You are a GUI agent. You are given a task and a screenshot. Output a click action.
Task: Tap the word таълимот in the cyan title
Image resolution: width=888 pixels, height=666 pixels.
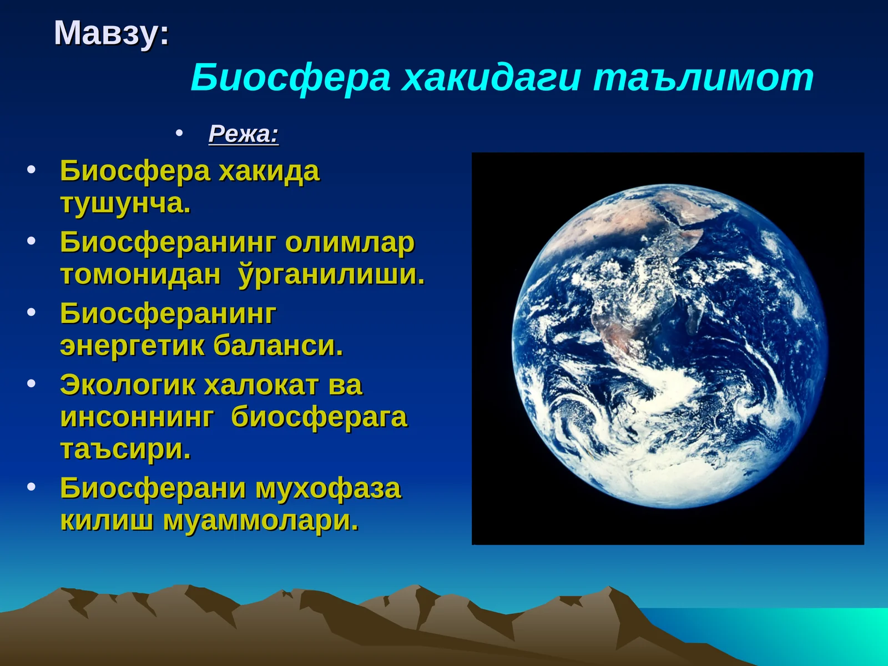click(703, 78)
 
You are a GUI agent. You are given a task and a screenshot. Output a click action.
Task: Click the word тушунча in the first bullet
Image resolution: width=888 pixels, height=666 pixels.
click(124, 203)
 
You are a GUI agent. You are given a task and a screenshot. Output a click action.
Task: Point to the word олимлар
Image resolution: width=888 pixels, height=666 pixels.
click(350, 243)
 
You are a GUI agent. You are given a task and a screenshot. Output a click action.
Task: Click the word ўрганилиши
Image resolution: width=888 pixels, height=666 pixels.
click(331, 275)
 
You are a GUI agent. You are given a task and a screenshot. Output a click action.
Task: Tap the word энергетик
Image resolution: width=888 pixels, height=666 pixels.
click(132, 346)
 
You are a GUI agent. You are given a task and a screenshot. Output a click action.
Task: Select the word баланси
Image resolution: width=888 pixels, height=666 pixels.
click(278, 346)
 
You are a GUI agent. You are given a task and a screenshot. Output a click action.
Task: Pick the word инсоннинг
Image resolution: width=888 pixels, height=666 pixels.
click(137, 417)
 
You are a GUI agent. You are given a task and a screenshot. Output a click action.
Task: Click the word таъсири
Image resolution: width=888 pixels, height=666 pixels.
click(124, 449)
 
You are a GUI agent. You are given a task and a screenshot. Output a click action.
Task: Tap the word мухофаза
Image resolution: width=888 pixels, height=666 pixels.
click(327, 488)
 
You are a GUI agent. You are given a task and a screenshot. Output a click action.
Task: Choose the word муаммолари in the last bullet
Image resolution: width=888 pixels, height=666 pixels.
click(260, 521)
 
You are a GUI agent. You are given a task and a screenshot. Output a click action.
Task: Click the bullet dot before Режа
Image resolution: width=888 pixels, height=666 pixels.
click(179, 133)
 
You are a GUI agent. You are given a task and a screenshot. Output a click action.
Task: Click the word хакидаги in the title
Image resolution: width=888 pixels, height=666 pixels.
click(491, 78)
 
